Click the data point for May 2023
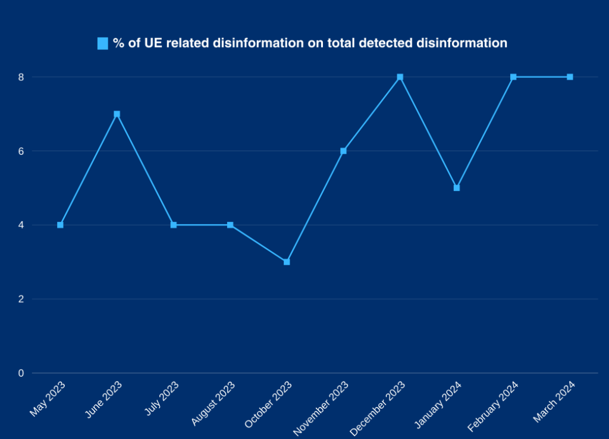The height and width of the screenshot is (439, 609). coord(60,225)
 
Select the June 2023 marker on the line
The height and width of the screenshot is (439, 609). coord(117,114)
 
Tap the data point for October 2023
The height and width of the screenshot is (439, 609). coord(287,262)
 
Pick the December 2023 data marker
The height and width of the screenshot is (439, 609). coord(400,77)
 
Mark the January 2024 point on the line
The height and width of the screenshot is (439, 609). coord(457,187)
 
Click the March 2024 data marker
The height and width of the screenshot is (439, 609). coord(570,77)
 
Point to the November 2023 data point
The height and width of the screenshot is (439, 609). coord(343,150)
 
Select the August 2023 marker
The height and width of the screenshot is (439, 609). coord(230,225)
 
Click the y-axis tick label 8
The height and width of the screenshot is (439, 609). coord(21,77)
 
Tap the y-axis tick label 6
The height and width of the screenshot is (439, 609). coord(21,150)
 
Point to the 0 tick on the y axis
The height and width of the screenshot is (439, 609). coord(21,373)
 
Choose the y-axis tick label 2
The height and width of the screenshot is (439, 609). coord(21,299)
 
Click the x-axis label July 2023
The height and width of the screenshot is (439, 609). coord(162,398)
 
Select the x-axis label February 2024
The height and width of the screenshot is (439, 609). coord(493,406)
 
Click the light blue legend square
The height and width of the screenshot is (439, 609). coord(102,43)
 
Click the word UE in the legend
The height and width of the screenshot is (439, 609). coord(153,43)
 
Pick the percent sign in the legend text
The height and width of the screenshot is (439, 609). coord(118,43)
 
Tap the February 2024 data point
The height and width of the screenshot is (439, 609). coord(513,77)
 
